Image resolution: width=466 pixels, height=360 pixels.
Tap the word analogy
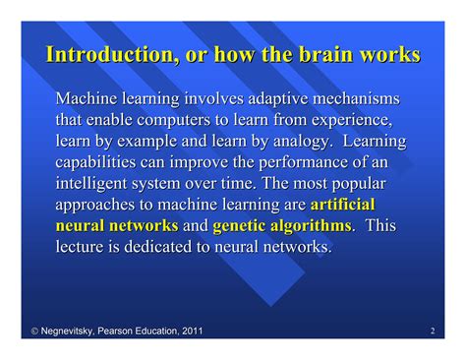(x=292, y=141)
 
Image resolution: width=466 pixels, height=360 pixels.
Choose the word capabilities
(x=98, y=162)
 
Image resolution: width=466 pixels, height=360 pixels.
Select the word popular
(x=356, y=183)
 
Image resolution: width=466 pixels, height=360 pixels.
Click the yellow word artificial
(x=342, y=205)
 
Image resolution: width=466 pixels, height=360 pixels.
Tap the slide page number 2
(x=433, y=331)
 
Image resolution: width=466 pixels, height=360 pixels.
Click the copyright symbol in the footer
(x=10, y=331)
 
